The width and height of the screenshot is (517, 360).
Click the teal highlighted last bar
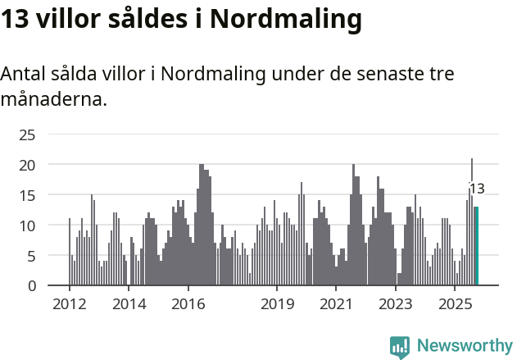[x=476, y=246]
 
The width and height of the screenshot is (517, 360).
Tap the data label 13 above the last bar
[x=477, y=189]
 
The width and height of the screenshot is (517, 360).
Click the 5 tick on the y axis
[x=31, y=256]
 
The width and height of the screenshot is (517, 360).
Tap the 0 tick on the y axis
[x=31, y=286]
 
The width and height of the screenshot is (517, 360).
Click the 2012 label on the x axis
[x=69, y=304]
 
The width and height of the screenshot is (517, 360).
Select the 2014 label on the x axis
[x=129, y=304]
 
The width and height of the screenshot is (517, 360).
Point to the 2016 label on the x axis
[x=188, y=304]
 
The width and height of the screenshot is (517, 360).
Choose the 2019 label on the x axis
[x=277, y=304]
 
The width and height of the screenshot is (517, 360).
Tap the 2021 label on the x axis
[x=337, y=304]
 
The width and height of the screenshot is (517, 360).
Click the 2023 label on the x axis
[x=396, y=304]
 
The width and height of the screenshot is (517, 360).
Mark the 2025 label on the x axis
[x=456, y=304]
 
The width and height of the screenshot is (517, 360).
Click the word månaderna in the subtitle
[x=53, y=101]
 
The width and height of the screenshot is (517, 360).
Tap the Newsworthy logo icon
[x=400, y=347]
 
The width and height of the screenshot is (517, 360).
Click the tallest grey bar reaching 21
[x=472, y=221]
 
